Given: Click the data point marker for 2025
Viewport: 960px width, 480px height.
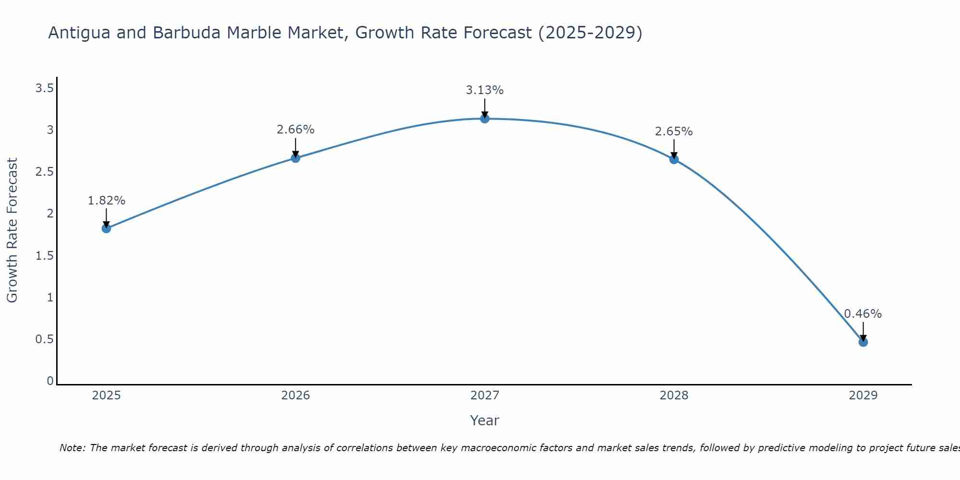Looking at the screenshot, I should tap(107, 228).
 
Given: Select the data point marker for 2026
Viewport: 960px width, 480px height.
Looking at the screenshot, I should tap(296, 158).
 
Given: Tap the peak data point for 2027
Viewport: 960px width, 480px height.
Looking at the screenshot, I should tap(485, 119).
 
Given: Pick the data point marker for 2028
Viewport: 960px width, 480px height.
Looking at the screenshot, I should tap(674, 159).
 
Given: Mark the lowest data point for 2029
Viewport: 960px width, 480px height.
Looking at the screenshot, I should tap(863, 342).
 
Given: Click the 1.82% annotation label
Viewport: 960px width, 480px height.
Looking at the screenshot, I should tap(107, 201).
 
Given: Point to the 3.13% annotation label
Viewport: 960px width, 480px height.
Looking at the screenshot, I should tap(485, 90).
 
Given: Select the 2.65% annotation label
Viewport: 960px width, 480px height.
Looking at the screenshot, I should tap(674, 132).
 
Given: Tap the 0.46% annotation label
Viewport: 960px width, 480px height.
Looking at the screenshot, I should tap(863, 314).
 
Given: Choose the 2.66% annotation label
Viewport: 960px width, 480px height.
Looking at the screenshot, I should tap(296, 130).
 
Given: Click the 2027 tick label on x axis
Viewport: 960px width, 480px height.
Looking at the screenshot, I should tap(485, 396).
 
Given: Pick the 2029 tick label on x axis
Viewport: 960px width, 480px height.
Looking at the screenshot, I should tap(863, 396).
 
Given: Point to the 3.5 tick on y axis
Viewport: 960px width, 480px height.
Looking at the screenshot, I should tap(44, 88).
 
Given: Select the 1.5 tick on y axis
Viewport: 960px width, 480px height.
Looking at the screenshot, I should tap(44, 256).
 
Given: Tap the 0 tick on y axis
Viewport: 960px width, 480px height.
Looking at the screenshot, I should tap(50, 381).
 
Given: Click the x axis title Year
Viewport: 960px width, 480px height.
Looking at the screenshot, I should tap(485, 420).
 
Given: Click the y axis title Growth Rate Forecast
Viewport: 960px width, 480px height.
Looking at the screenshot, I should tap(12, 230).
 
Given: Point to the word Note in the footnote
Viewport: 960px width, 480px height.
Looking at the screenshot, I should tap(72, 448).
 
